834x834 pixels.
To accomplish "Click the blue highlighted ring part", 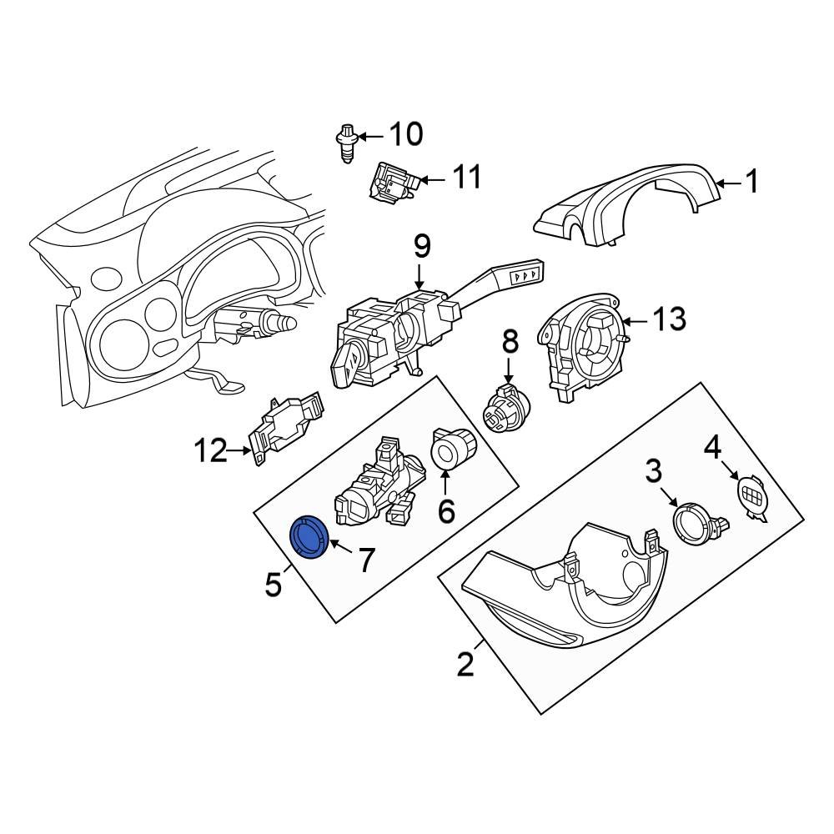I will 308,537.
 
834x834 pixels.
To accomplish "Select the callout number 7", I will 367,560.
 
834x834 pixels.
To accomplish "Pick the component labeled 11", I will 389,183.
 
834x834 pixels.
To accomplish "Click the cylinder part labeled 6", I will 455,450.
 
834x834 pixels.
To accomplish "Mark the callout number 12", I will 210,451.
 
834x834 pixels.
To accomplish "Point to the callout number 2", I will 465,664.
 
